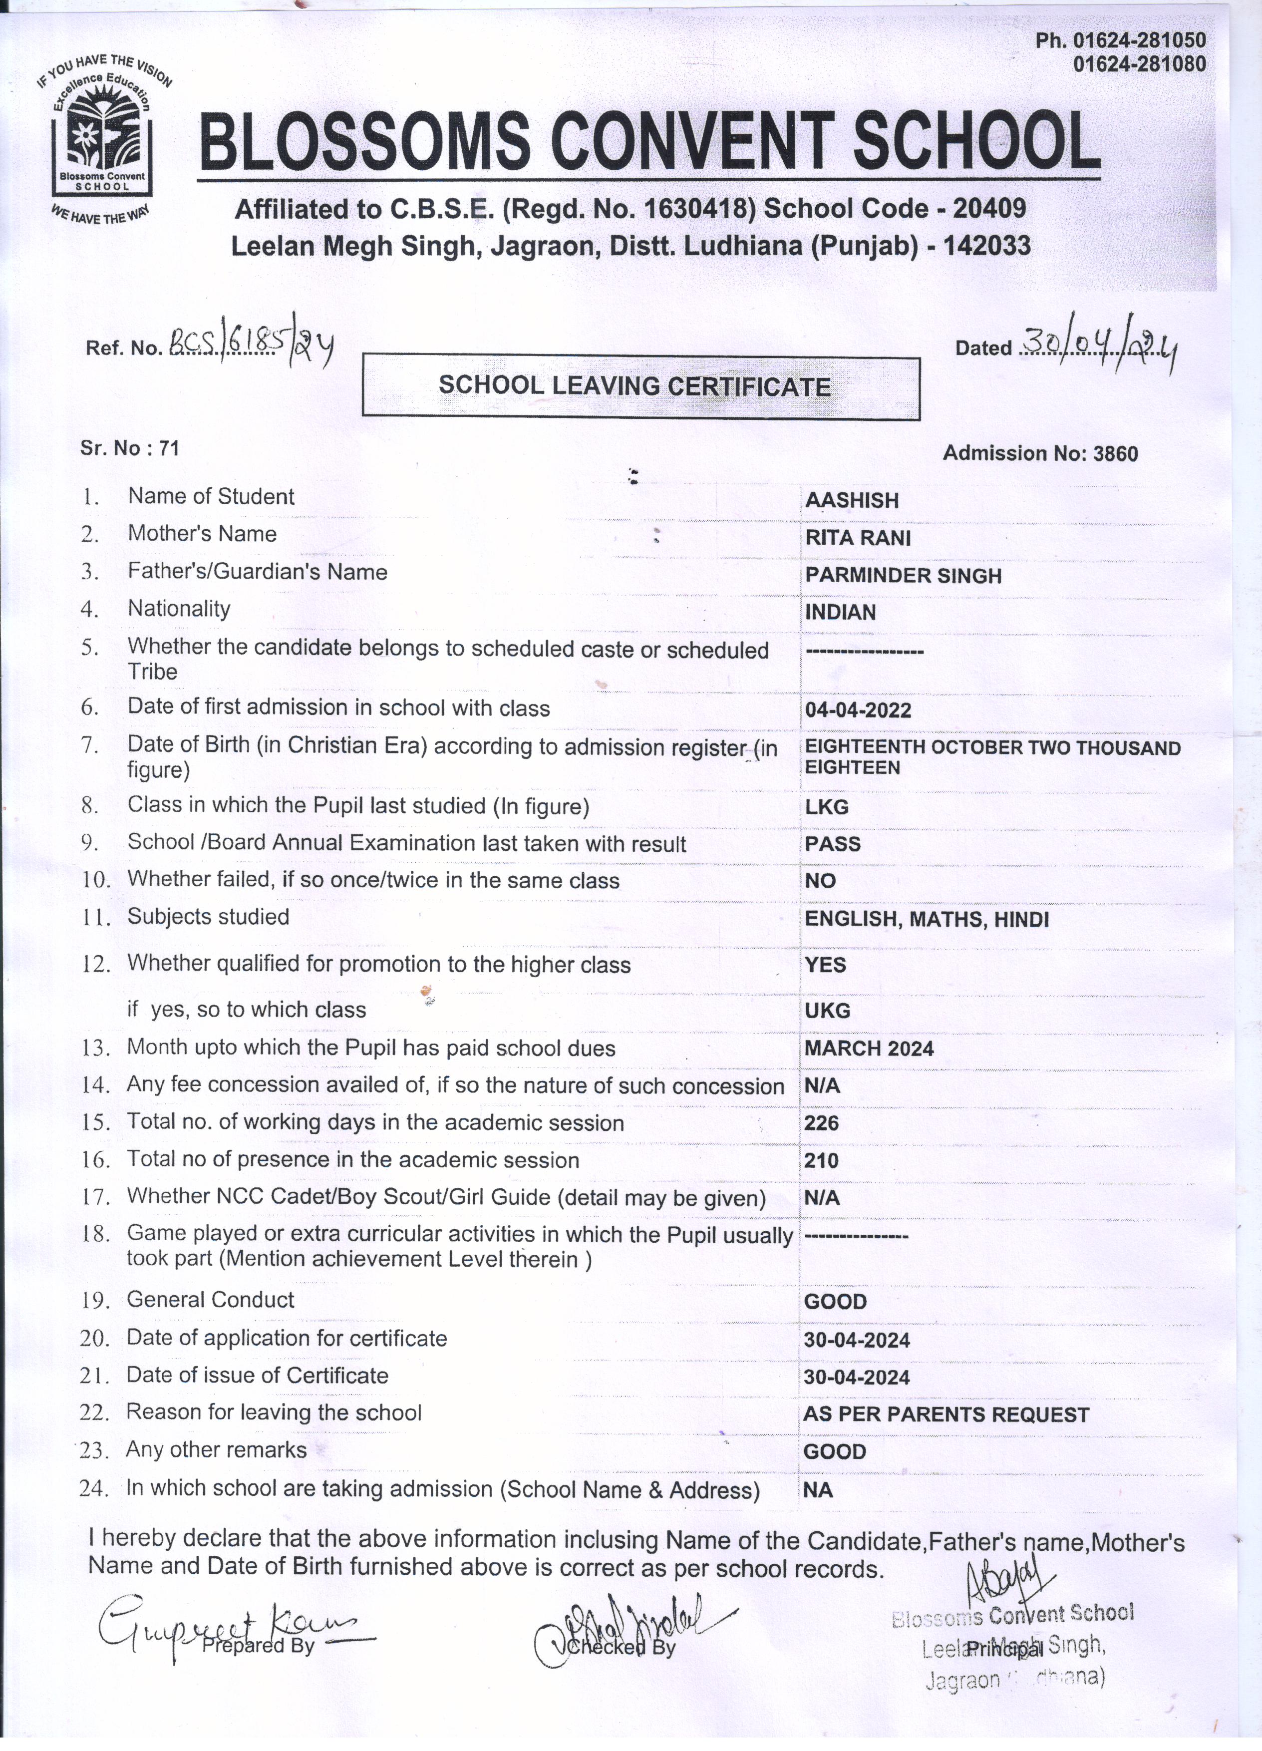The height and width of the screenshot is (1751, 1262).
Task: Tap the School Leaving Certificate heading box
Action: (640, 386)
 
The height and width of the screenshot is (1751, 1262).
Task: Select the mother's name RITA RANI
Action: (858, 538)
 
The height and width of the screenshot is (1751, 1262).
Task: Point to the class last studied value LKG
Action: (827, 807)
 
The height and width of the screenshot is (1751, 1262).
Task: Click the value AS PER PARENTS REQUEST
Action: (946, 1414)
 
